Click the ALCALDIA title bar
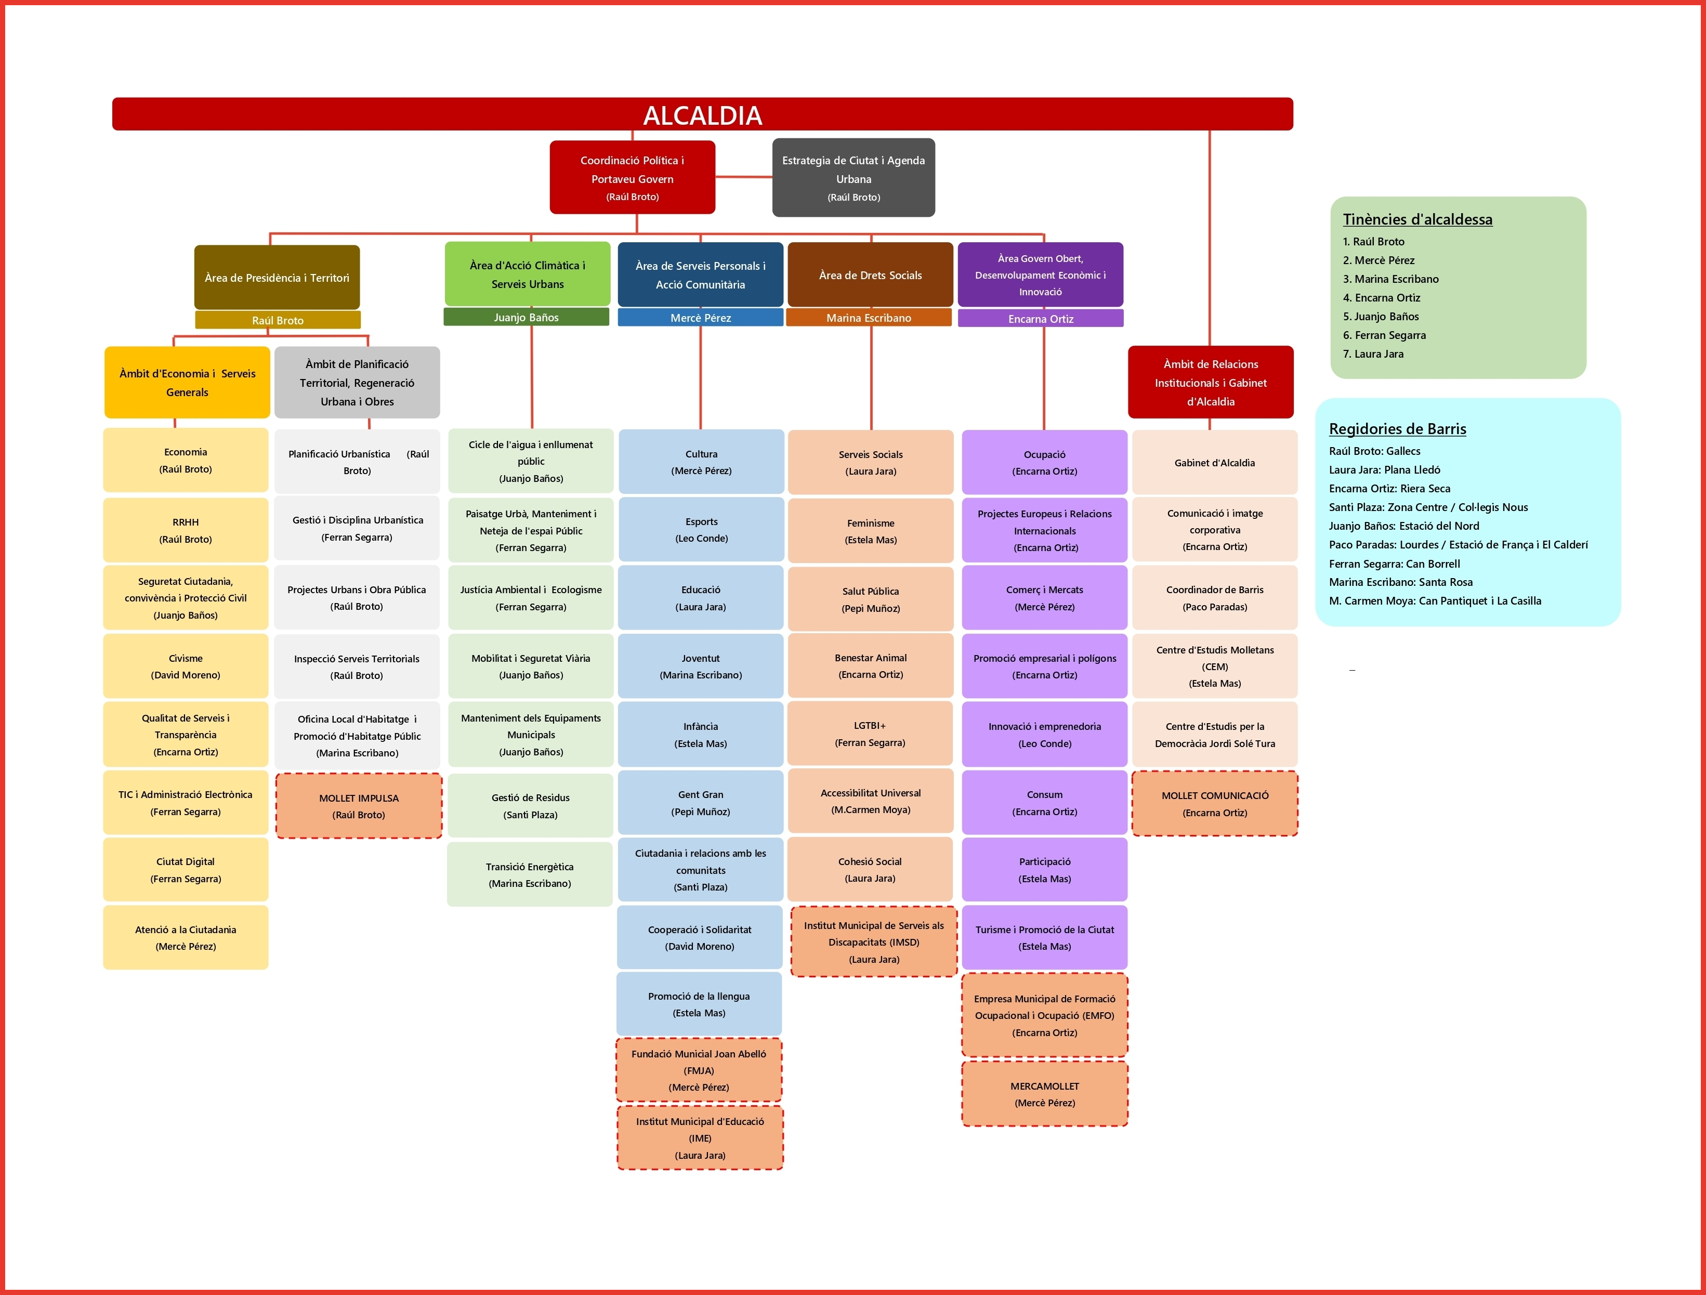coord(702,114)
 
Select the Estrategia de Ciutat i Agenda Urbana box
coord(853,177)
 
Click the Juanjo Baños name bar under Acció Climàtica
coord(526,317)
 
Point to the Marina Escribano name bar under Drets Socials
coord(869,318)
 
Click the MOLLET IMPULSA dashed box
coord(359,806)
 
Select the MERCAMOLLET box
coord(1044,1094)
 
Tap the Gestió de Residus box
coord(531,806)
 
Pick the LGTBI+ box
coord(870,734)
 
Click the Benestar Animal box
coord(870,665)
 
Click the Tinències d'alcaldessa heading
coord(1417,219)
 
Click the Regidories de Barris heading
coord(1397,429)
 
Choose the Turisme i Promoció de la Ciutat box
coord(1044,938)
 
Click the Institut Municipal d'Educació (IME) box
coord(700,1137)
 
